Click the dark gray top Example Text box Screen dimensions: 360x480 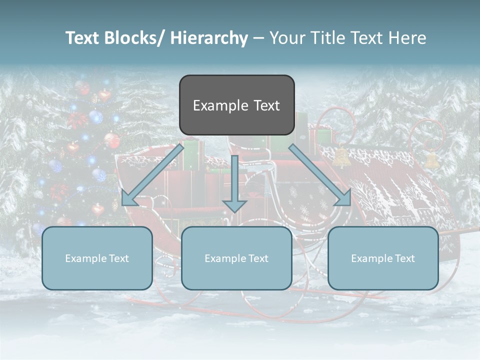pyautogui.click(x=236, y=105)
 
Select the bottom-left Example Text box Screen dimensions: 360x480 pyautogui.click(x=97, y=258)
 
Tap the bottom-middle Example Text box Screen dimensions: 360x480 pyautogui.click(x=236, y=258)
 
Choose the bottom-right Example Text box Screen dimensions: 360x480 pyautogui.click(x=383, y=258)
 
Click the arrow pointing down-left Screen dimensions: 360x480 pyautogui.click(x=152, y=175)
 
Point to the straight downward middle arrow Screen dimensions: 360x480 pyautogui.click(x=234, y=180)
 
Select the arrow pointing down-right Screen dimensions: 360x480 pyautogui.click(x=320, y=175)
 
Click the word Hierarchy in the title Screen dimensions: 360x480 pyautogui.click(x=208, y=38)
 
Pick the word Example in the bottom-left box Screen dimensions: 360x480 pyautogui.click(x=85, y=258)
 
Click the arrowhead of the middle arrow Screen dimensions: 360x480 pyautogui.click(x=234, y=205)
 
